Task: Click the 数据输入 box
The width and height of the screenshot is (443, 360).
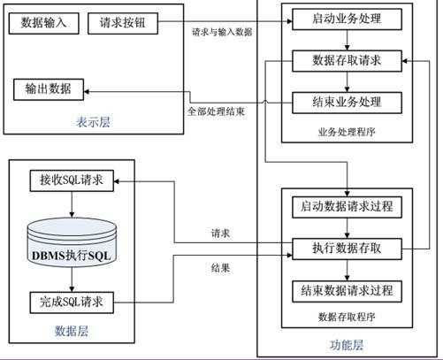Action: (x=43, y=21)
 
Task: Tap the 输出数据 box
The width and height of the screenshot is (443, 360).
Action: (x=50, y=89)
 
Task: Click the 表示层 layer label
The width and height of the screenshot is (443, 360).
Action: (x=92, y=123)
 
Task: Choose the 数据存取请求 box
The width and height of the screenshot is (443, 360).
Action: (x=348, y=61)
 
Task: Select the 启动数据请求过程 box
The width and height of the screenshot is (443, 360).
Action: (x=348, y=207)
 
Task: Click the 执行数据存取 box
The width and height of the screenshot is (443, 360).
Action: (x=348, y=248)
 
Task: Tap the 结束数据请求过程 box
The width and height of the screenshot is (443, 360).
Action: (x=348, y=290)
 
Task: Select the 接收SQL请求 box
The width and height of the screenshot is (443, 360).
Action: (x=66, y=180)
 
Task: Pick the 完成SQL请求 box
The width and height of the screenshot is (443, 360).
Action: (x=66, y=302)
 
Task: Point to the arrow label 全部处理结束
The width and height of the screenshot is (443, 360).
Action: (x=215, y=112)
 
